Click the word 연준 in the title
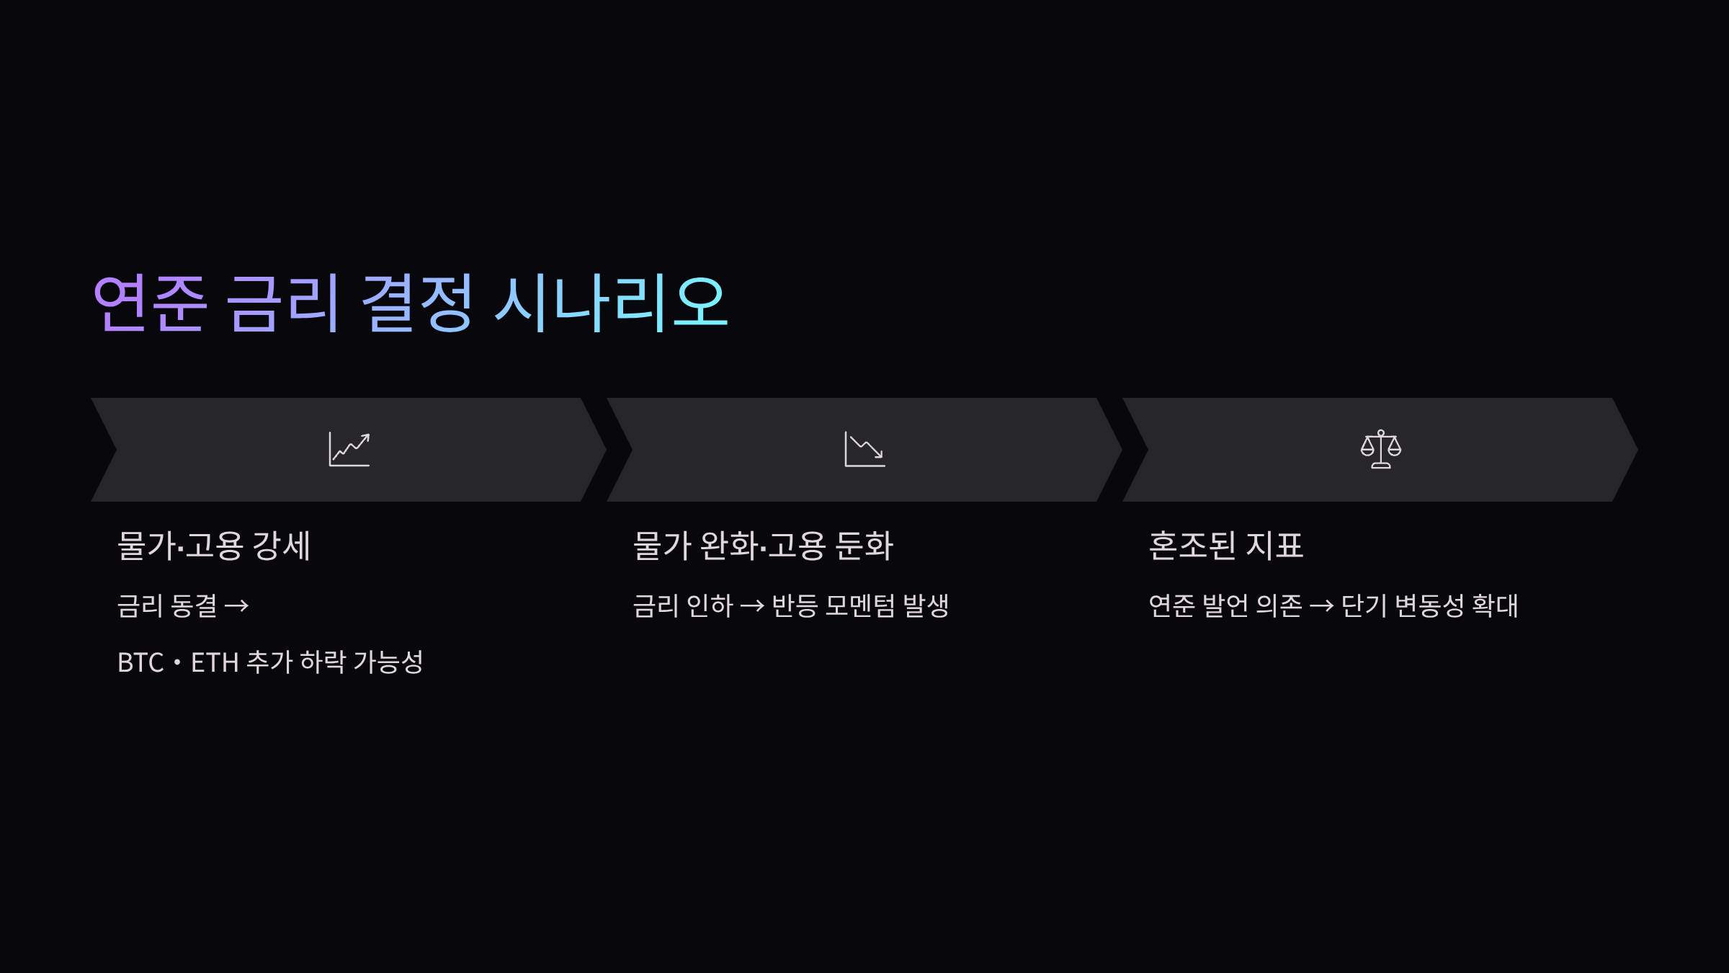click(151, 303)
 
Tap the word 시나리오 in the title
click(612, 303)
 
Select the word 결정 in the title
click(417, 303)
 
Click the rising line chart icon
click(349, 449)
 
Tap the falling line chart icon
click(864, 449)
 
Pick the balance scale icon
click(1380, 449)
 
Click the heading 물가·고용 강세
click(214, 546)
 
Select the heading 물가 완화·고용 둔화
click(763, 546)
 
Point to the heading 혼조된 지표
click(1225, 546)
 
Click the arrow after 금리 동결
click(236, 606)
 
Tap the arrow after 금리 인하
click(752, 606)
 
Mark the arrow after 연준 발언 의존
click(1321, 606)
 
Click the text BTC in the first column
click(140, 662)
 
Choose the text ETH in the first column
click(214, 662)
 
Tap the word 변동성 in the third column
click(1429, 605)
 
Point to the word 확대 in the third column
click(1495, 605)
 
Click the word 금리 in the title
click(283, 303)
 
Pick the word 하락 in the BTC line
click(323, 662)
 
